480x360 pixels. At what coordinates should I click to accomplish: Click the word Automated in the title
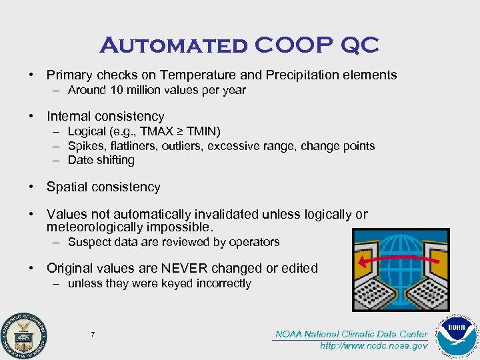coord(173,46)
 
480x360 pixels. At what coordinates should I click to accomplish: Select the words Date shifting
coord(101,160)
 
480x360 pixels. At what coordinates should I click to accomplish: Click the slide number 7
coord(93,333)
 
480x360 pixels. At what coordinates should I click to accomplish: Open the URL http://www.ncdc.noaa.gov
coord(373,346)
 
